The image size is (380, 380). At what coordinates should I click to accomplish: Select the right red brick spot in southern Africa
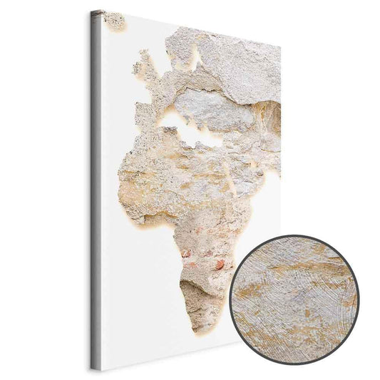click(x=220, y=265)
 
